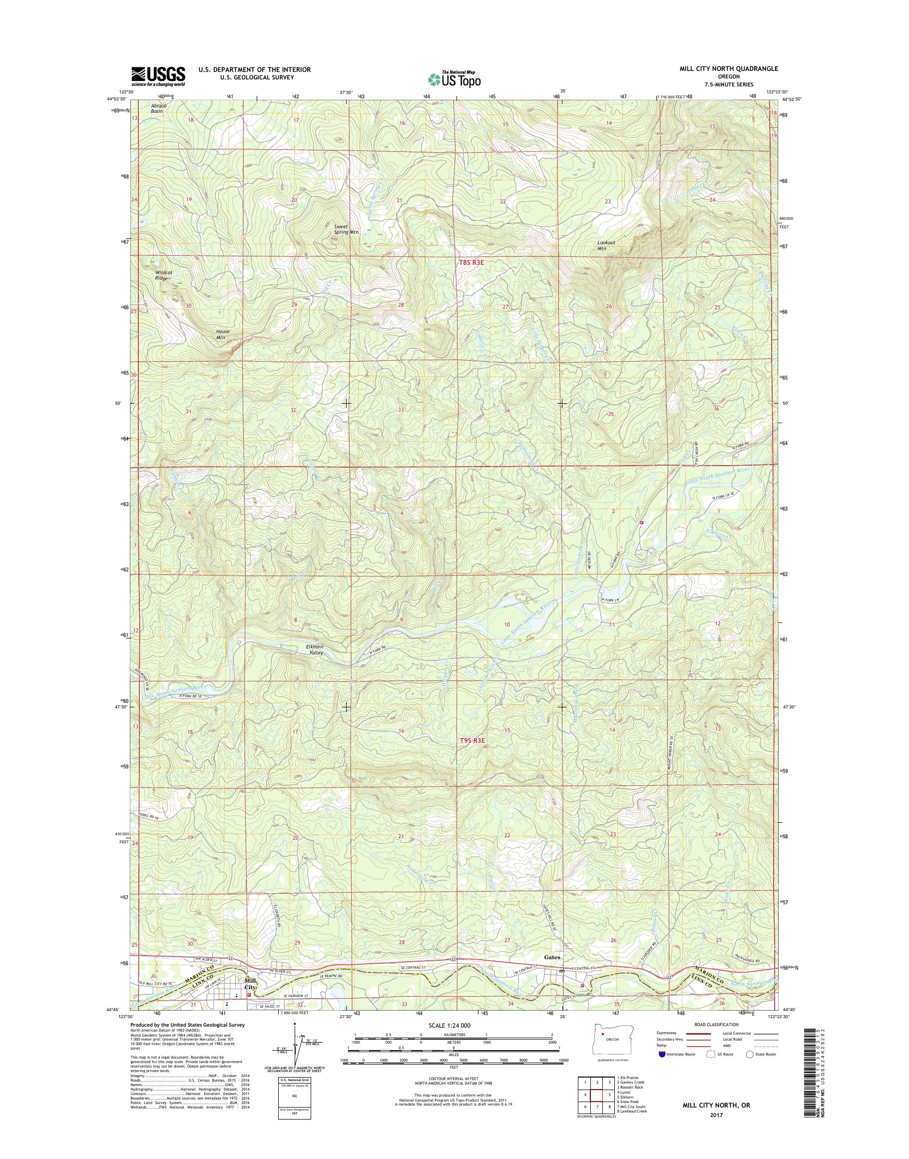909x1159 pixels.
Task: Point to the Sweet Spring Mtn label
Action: click(346, 229)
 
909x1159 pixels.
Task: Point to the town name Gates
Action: click(552, 972)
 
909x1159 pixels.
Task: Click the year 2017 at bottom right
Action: click(717, 1116)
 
